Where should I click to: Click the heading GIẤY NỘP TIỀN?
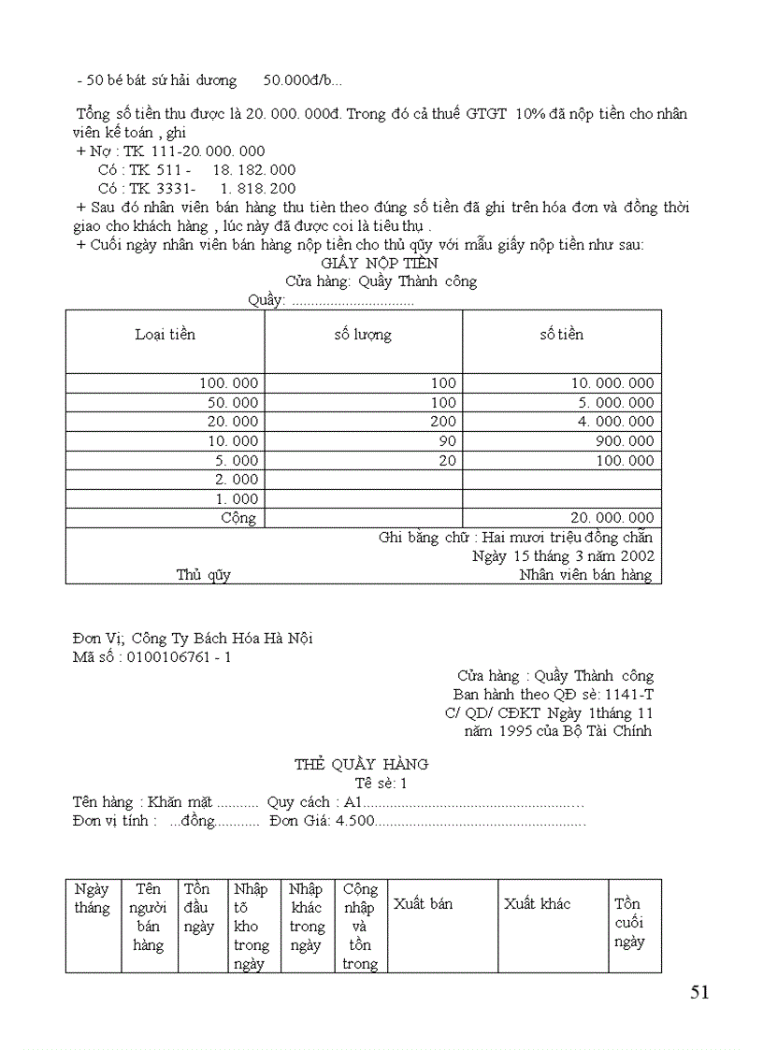[x=366, y=264]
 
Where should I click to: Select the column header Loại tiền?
[x=166, y=335]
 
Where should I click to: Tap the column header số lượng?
[x=363, y=335]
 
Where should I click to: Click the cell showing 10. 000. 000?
[x=612, y=383]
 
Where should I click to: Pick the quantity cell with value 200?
[x=443, y=422]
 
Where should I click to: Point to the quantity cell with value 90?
[x=447, y=441]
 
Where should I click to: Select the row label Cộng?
[x=238, y=518]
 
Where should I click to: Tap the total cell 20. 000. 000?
[x=612, y=518]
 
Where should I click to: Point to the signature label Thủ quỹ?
[x=203, y=575]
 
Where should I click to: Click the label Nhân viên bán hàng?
[x=585, y=575]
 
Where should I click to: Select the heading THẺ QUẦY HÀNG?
[x=361, y=764]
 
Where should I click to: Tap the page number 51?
[x=699, y=993]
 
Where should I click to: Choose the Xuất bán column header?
[x=423, y=904]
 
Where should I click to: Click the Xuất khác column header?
[x=537, y=904]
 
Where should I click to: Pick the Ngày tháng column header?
[x=92, y=899]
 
